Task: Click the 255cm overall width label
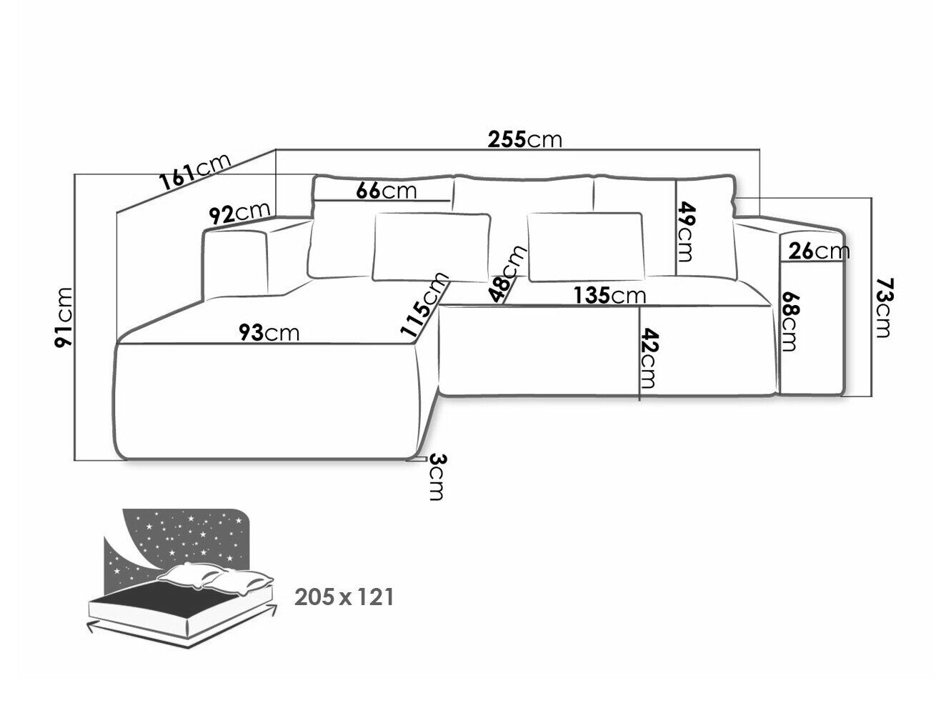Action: click(524, 139)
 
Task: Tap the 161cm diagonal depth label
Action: click(195, 172)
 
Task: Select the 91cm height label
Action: click(64, 316)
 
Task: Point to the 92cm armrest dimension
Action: click(239, 214)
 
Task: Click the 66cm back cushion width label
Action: click(387, 191)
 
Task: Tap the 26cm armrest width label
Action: click(819, 251)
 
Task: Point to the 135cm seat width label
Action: click(609, 295)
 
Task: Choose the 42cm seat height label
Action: click(649, 357)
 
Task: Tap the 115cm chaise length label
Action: click(423, 304)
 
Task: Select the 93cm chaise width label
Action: click(269, 333)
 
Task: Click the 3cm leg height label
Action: click(437, 477)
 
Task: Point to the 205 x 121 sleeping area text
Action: click(344, 597)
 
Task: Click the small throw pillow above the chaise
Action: click(432, 246)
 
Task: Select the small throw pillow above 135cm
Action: click(586, 246)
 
